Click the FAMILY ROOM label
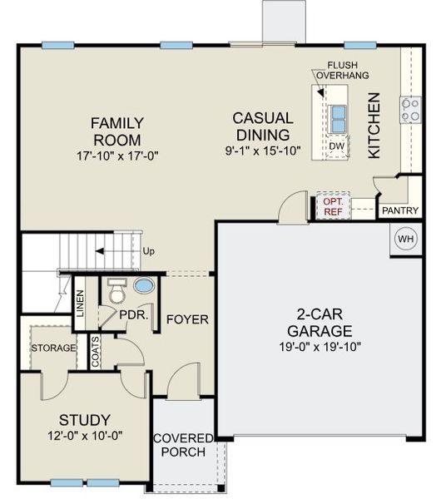click(116, 131)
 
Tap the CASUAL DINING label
click(262, 126)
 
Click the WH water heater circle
click(405, 240)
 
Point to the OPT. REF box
click(333, 207)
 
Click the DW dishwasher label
click(336, 146)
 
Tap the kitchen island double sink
click(338, 119)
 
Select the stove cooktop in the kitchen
click(410, 110)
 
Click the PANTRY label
click(399, 211)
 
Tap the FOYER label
click(187, 319)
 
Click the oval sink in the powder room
click(144, 286)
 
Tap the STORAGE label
click(53, 348)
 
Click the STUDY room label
click(84, 419)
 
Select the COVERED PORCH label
click(183, 445)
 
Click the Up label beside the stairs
click(149, 250)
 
